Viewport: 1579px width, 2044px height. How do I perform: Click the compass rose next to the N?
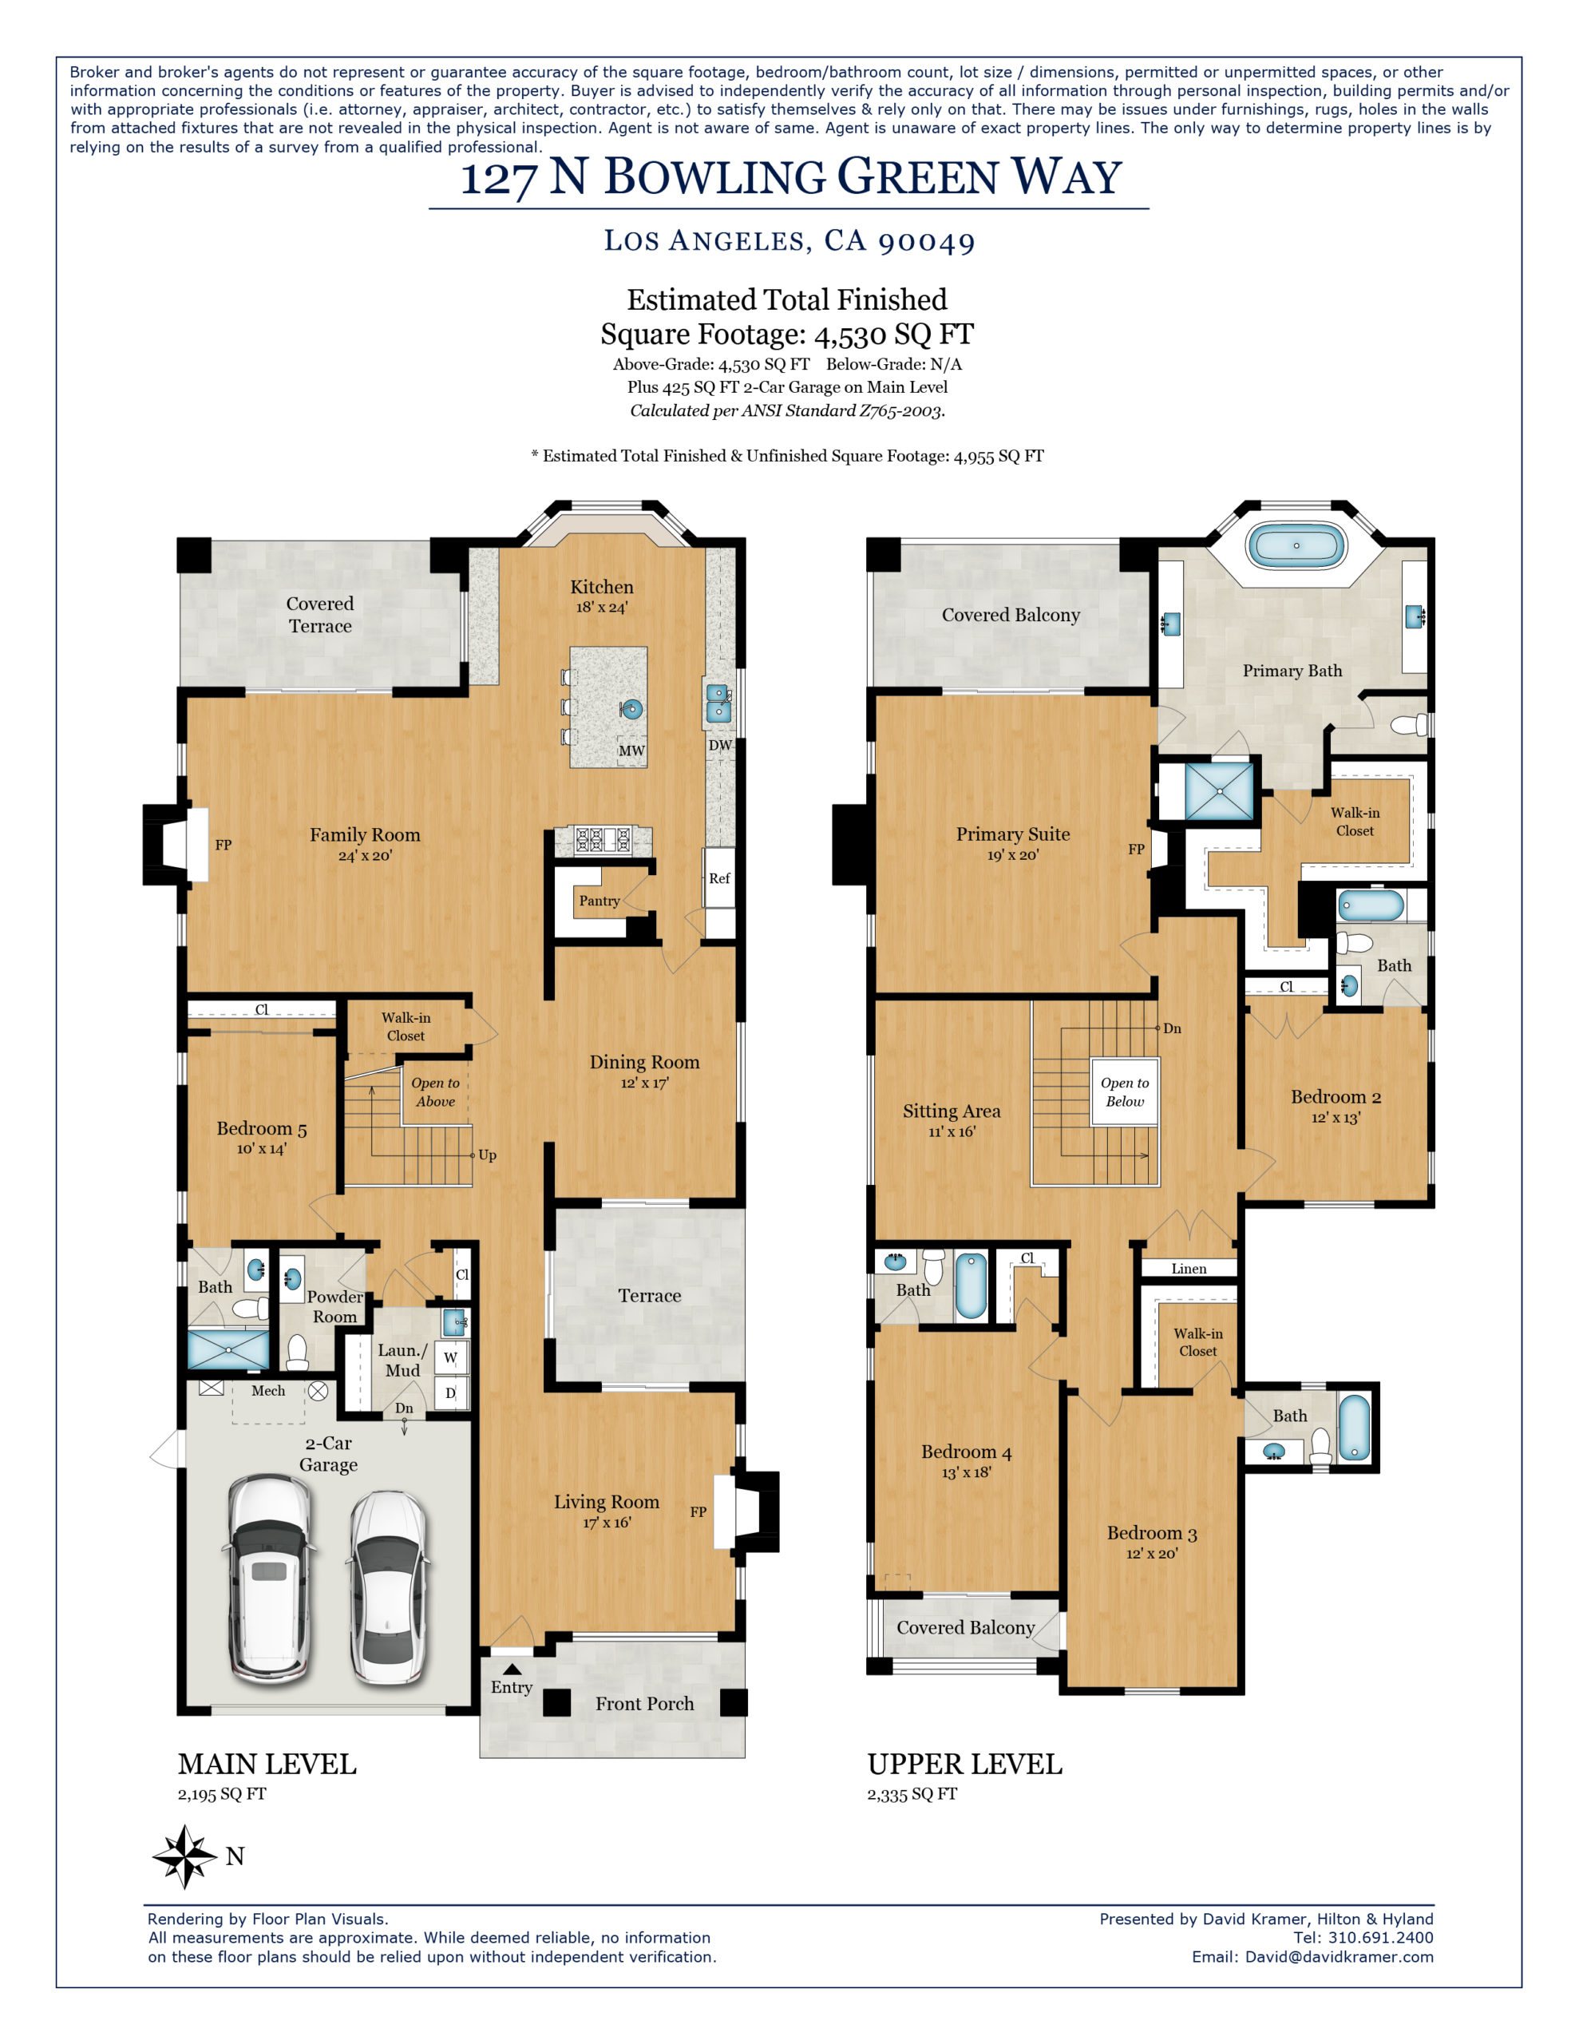184,1855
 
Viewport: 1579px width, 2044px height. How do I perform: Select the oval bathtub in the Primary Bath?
1296,545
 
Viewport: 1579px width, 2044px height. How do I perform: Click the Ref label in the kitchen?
718,877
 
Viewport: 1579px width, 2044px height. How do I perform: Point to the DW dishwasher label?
720,745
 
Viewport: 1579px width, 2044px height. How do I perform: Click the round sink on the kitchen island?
633,708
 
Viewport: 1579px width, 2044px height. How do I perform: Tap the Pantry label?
599,901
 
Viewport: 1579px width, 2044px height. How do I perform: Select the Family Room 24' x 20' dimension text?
365,855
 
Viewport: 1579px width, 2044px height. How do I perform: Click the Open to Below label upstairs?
1124,1091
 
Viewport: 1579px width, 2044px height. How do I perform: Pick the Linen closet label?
1189,1268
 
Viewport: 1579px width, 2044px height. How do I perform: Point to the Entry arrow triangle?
511,1668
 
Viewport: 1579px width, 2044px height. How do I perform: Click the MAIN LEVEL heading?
267,1765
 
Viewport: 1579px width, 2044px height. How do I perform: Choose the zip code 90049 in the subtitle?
926,241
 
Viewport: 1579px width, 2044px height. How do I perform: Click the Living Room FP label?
698,1511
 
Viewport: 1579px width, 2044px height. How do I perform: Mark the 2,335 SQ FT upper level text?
912,1794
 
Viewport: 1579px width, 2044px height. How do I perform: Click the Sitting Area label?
951,1111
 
